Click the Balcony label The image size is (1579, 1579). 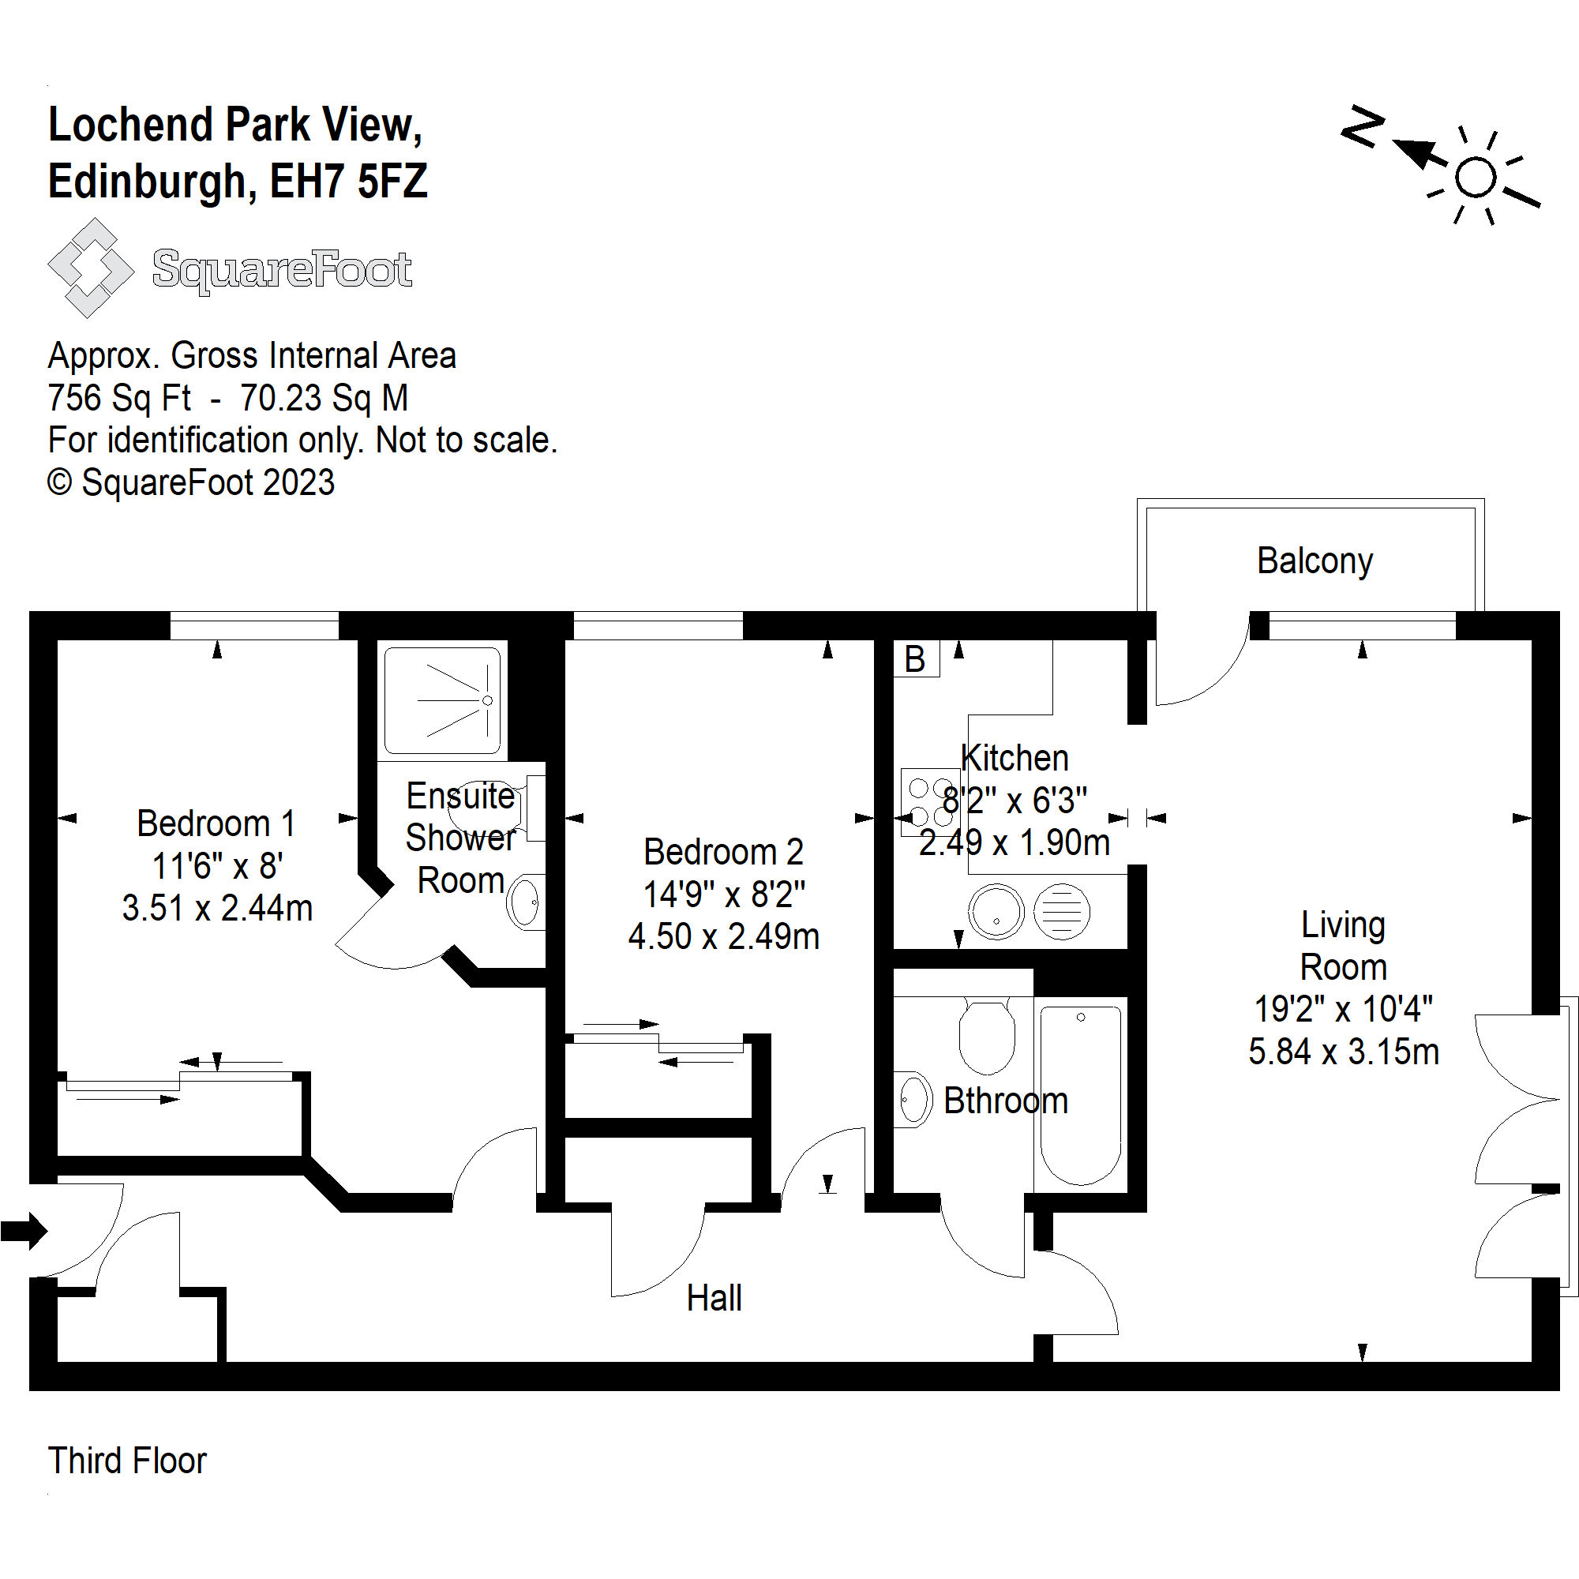[x=1315, y=561]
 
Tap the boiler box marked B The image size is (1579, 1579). [x=915, y=658]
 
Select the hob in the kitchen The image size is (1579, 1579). [x=929, y=802]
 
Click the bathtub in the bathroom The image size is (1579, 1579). [x=1081, y=1094]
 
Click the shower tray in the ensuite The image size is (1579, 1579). [x=442, y=700]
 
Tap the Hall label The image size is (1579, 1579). [x=714, y=1298]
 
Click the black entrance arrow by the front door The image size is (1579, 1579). [x=24, y=1231]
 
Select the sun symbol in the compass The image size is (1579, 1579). [x=1476, y=178]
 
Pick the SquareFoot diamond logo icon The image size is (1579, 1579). [x=90, y=268]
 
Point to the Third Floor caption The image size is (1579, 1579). [x=127, y=1461]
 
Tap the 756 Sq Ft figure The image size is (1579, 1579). [x=119, y=398]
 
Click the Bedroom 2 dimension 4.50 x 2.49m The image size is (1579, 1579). [x=723, y=936]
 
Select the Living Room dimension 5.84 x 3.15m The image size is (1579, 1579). [x=1343, y=1051]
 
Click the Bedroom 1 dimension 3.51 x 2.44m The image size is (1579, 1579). [x=217, y=908]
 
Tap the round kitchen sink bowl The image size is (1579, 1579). [x=996, y=912]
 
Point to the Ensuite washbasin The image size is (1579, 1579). [x=525, y=902]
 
